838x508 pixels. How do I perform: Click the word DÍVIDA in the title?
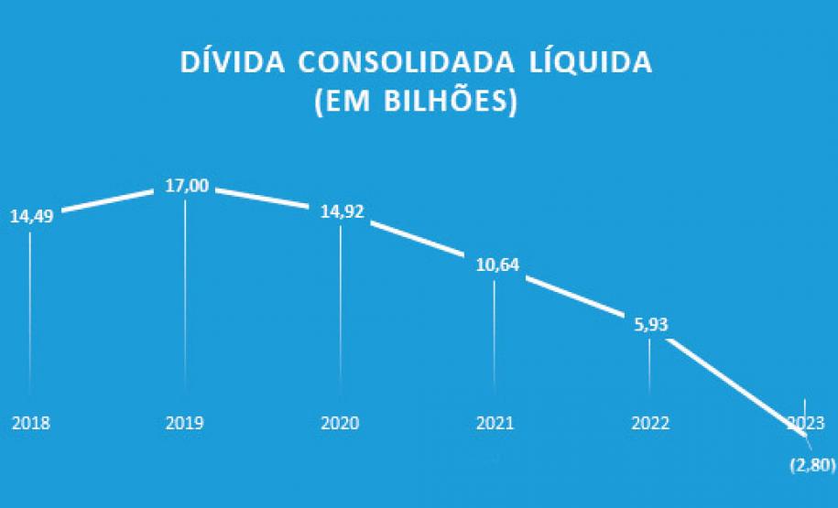pos(232,63)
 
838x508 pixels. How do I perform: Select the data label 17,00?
pos(187,186)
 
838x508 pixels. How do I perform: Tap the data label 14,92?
pos(342,211)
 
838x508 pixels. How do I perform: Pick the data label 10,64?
pos(496,266)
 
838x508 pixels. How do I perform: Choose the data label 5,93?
pos(651,324)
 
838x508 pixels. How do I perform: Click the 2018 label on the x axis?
pos(30,424)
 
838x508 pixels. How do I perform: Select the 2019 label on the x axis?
pos(185,424)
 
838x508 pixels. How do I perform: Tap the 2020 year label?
pos(340,424)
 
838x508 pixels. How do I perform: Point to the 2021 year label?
pos(495,424)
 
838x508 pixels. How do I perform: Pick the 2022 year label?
pos(650,424)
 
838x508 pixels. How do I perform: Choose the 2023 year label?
pos(804,424)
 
